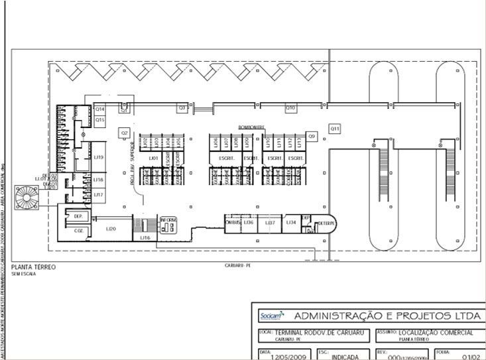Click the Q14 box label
(x=99, y=109)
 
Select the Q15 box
(x=99, y=120)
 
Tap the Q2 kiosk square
(x=124, y=133)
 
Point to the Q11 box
(x=335, y=128)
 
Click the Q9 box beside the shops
(x=312, y=136)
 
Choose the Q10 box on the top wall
(x=290, y=107)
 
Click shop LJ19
(x=98, y=157)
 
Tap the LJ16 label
(x=145, y=237)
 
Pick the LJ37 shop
(x=270, y=223)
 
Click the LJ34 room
(x=291, y=223)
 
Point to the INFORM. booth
(x=168, y=224)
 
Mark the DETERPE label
(x=326, y=224)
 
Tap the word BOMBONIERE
(x=252, y=127)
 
